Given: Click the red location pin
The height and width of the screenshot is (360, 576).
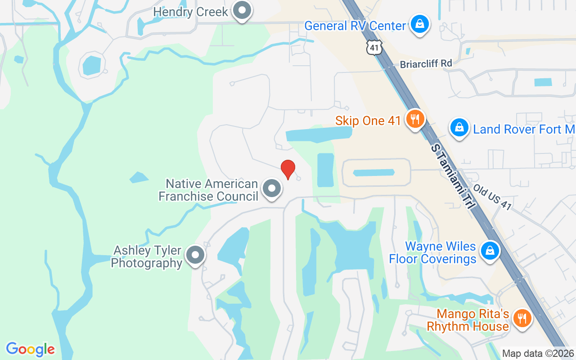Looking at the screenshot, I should [x=288, y=170].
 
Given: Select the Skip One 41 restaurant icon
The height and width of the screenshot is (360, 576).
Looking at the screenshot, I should [x=414, y=119].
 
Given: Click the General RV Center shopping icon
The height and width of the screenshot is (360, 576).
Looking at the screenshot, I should [x=419, y=24].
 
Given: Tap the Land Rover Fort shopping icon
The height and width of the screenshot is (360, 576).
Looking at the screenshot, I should [x=459, y=128].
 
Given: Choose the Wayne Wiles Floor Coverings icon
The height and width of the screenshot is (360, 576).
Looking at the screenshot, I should [x=489, y=251].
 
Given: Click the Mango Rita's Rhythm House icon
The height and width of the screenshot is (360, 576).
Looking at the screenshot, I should [x=522, y=319].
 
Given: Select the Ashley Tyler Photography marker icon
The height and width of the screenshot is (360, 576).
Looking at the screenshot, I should [x=195, y=255].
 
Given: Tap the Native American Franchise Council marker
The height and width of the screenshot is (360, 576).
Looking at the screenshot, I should [x=272, y=189].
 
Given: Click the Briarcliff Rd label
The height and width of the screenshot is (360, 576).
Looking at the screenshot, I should [x=426, y=64].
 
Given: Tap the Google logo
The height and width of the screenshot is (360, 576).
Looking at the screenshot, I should [x=30, y=349].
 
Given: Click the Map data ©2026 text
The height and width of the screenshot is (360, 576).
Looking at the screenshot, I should [x=538, y=353].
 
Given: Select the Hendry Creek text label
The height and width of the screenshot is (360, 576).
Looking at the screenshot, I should [x=191, y=12].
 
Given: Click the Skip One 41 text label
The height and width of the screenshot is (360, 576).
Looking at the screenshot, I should [x=368, y=121].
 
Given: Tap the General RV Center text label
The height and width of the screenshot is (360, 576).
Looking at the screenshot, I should [x=355, y=26].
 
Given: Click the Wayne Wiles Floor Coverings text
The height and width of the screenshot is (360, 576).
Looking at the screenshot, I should [x=432, y=252].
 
